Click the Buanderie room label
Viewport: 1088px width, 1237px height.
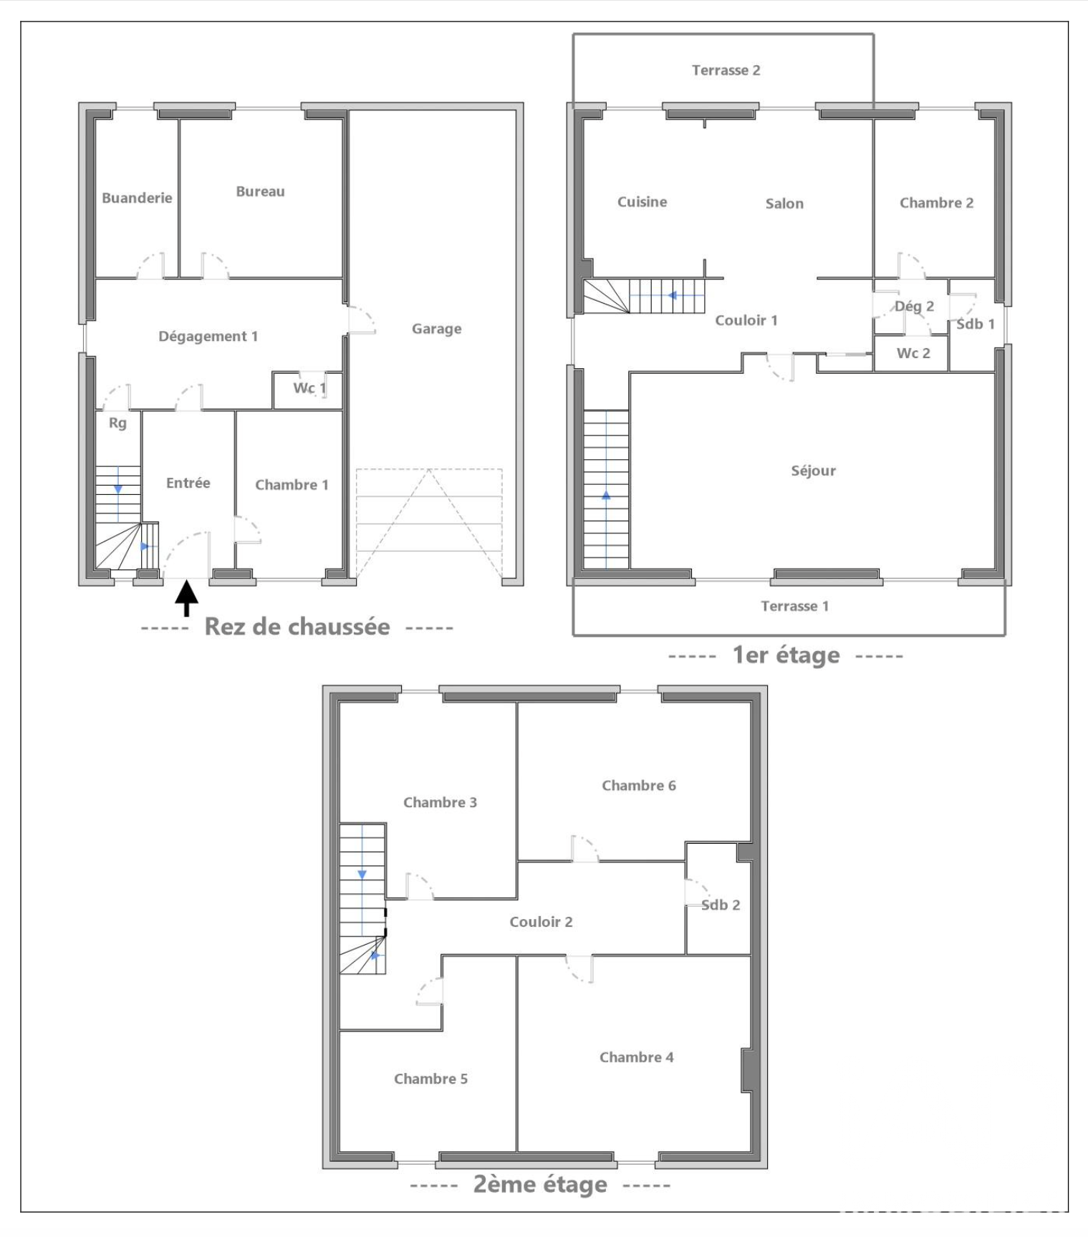click(137, 198)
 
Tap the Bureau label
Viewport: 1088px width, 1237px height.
click(260, 191)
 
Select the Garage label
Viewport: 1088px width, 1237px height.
click(436, 329)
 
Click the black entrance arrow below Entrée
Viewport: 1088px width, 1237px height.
click(186, 598)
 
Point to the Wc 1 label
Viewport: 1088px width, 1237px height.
click(309, 388)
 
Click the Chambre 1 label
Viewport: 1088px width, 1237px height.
click(292, 485)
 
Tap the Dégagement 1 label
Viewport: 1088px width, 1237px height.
click(208, 336)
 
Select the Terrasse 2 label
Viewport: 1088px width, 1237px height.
click(726, 70)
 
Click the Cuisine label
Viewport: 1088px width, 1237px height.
click(642, 202)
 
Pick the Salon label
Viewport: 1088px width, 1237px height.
click(784, 203)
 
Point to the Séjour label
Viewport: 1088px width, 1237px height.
click(813, 471)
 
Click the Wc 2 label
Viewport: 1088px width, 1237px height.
click(913, 353)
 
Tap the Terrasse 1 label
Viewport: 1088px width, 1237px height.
click(794, 606)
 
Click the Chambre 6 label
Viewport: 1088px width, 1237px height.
click(638, 786)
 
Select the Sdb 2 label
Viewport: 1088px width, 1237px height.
click(720, 905)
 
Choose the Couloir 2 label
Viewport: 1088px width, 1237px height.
click(541, 922)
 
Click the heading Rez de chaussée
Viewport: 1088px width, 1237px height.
click(297, 627)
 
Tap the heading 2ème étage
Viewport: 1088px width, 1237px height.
click(540, 1184)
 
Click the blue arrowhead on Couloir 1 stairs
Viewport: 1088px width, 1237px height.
click(672, 295)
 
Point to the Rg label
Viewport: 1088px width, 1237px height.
click(117, 423)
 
